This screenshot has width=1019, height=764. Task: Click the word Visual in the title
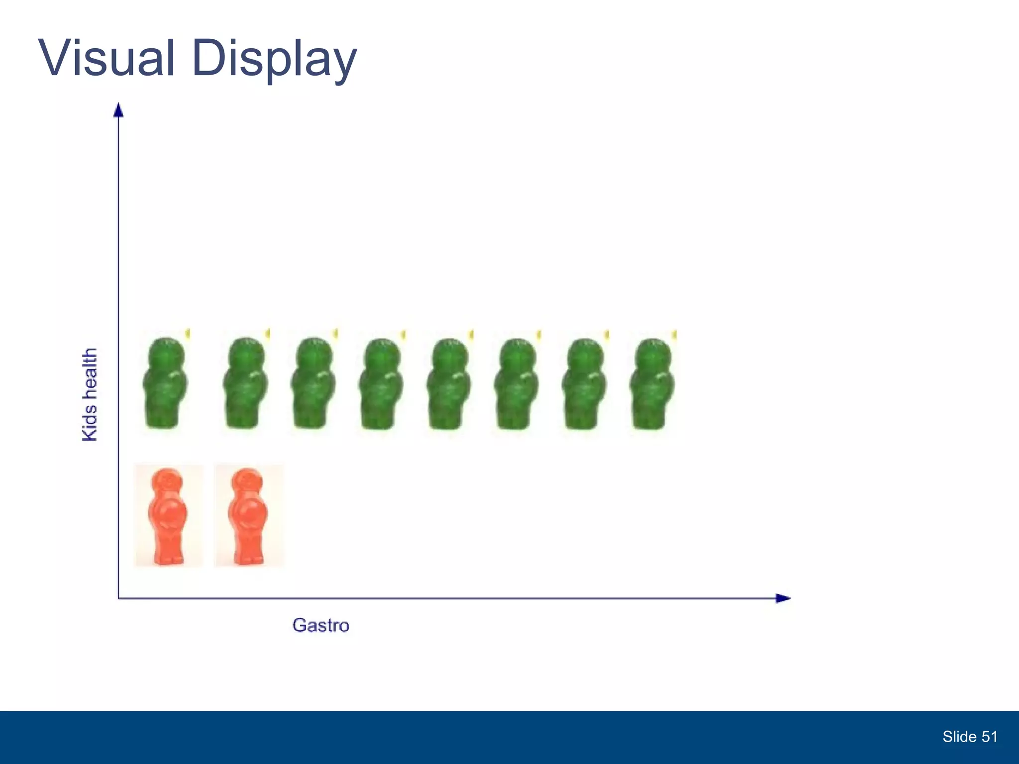tap(107, 58)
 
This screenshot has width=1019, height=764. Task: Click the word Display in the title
tap(274, 60)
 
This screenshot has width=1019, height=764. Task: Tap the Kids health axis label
tap(90, 394)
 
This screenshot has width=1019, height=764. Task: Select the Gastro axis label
tap(321, 625)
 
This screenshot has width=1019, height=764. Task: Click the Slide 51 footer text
tap(970, 737)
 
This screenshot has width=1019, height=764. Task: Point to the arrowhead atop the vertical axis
tap(118, 110)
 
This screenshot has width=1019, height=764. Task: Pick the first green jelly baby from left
tap(165, 383)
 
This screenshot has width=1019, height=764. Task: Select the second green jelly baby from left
tap(245, 383)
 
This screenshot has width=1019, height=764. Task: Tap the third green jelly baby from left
tap(313, 383)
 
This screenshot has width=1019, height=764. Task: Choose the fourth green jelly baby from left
tap(381, 384)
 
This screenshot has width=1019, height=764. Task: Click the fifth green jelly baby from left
tap(449, 384)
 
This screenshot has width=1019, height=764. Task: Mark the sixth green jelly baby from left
tap(516, 384)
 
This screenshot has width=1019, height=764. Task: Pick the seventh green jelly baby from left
tap(585, 384)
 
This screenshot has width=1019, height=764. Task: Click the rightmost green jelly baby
tap(652, 384)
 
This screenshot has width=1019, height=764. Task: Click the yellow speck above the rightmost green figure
tap(675, 335)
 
